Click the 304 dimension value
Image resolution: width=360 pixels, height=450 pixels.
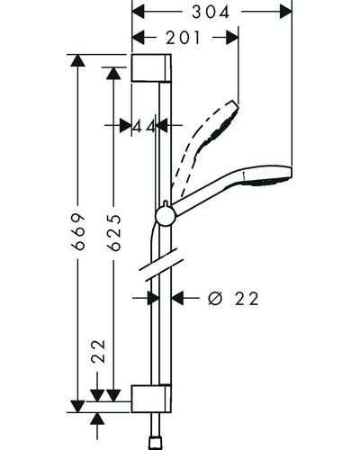click(211, 12)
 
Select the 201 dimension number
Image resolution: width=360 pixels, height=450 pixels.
click(183, 38)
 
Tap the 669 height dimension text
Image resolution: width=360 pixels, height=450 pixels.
click(78, 231)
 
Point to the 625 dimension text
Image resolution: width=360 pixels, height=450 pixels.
click(114, 232)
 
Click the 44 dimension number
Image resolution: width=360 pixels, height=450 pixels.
click(144, 126)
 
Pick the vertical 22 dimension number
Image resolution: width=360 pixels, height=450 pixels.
click(99, 352)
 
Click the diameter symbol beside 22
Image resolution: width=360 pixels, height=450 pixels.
click(216, 299)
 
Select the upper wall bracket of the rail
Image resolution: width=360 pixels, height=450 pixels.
click(151, 68)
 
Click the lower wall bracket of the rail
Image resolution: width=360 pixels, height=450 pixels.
click(151, 399)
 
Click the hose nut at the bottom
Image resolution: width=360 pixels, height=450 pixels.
click(156, 445)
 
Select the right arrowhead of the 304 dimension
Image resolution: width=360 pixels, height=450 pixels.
click(285, 12)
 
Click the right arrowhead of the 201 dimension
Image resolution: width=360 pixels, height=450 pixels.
click(232, 38)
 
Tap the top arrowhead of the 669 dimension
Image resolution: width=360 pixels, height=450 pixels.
click(78, 60)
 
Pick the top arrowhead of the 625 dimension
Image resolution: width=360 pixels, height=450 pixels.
click(113, 74)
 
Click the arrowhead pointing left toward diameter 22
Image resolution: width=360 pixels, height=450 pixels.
click(177, 299)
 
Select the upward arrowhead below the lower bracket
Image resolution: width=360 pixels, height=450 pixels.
click(97, 418)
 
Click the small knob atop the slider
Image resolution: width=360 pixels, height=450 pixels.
click(165, 204)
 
